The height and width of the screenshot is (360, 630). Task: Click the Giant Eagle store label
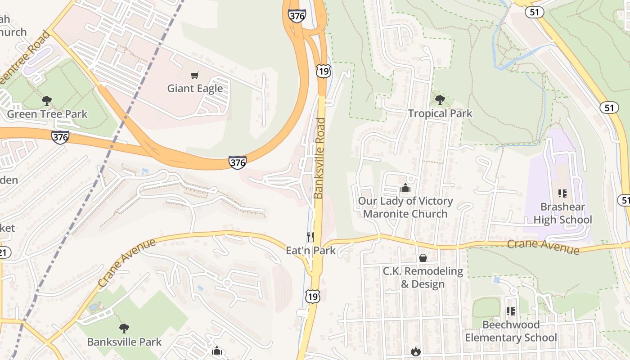click(195, 88)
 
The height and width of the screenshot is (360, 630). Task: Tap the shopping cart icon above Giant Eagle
click(195, 75)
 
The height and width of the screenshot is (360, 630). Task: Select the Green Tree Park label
click(47, 114)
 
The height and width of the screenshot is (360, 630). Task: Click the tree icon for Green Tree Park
click(46, 101)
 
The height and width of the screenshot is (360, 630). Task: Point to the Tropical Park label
click(440, 113)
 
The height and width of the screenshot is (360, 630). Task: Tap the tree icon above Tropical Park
click(440, 100)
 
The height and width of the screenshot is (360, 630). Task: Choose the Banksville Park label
click(124, 342)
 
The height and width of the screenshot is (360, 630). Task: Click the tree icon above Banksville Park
click(124, 328)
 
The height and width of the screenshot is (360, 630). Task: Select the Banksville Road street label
click(319, 158)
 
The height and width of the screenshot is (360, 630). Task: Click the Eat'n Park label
click(311, 250)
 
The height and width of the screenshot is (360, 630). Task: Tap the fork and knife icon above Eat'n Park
click(310, 237)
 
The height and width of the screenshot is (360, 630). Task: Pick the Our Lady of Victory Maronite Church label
click(405, 207)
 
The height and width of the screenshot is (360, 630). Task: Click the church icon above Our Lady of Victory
click(405, 188)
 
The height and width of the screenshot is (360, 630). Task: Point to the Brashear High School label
click(562, 213)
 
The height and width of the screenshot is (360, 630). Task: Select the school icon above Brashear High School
click(562, 193)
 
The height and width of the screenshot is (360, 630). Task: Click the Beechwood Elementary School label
click(511, 331)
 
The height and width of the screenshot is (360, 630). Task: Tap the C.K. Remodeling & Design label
click(423, 277)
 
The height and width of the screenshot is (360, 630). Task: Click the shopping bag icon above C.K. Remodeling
click(423, 258)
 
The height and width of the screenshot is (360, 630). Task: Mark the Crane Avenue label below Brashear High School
click(543, 246)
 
